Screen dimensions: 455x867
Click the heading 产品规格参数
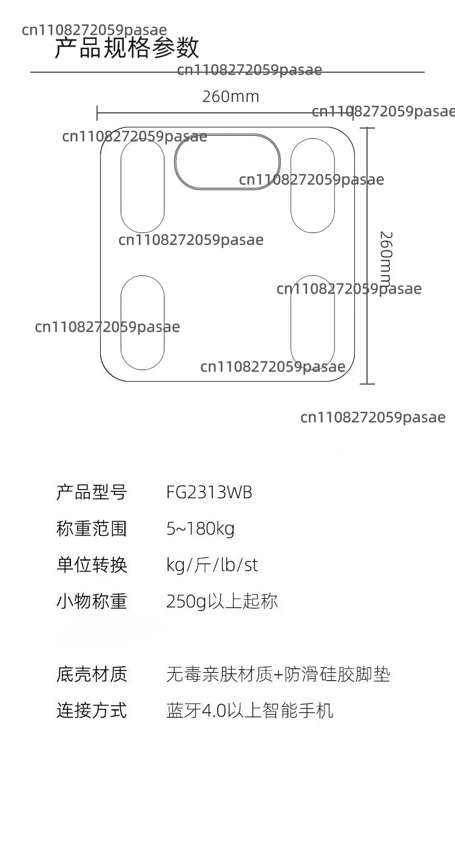[x=127, y=48]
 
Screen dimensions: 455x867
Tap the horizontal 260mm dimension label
[x=231, y=96]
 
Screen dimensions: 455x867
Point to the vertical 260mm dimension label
[x=386, y=257]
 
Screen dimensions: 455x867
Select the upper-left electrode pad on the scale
[x=121, y=186]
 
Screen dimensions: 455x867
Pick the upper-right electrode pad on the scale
[x=291, y=186]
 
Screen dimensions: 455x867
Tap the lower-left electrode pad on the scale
[x=121, y=323]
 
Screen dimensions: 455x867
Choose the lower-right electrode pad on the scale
[x=291, y=323]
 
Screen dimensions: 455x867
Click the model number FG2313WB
[x=209, y=493]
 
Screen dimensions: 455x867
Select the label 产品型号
[x=92, y=492]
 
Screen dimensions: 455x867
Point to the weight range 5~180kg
[x=200, y=529]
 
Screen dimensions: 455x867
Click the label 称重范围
[x=92, y=528]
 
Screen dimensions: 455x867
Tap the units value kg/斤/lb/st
[x=212, y=565]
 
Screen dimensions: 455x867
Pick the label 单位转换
[x=92, y=565]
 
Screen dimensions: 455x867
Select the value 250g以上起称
[x=222, y=601]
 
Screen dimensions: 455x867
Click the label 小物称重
[x=92, y=601]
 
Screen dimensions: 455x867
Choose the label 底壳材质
[x=92, y=674]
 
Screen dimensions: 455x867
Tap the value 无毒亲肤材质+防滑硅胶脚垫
[x=278, y=674]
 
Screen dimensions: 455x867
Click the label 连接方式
[x=92, y=710]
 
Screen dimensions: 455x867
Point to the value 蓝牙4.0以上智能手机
[x=250, y=710]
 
